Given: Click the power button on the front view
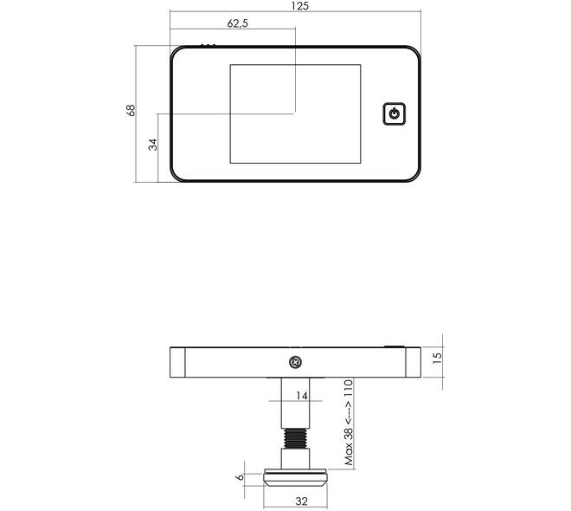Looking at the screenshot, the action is coord(394,114).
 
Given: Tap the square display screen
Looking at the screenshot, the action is coord(295,113).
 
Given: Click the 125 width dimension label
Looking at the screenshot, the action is coord(300,6).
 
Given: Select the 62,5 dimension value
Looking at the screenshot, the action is coord(237,23).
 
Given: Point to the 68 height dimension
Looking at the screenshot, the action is coord(131,110).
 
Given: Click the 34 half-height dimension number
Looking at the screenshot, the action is coord(153,145).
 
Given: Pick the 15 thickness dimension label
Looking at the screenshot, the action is coord(438,357).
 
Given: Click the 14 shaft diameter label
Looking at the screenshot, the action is coord(302,396).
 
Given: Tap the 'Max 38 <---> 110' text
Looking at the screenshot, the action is coord(349,423).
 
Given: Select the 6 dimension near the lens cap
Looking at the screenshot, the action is coord(240,476).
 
